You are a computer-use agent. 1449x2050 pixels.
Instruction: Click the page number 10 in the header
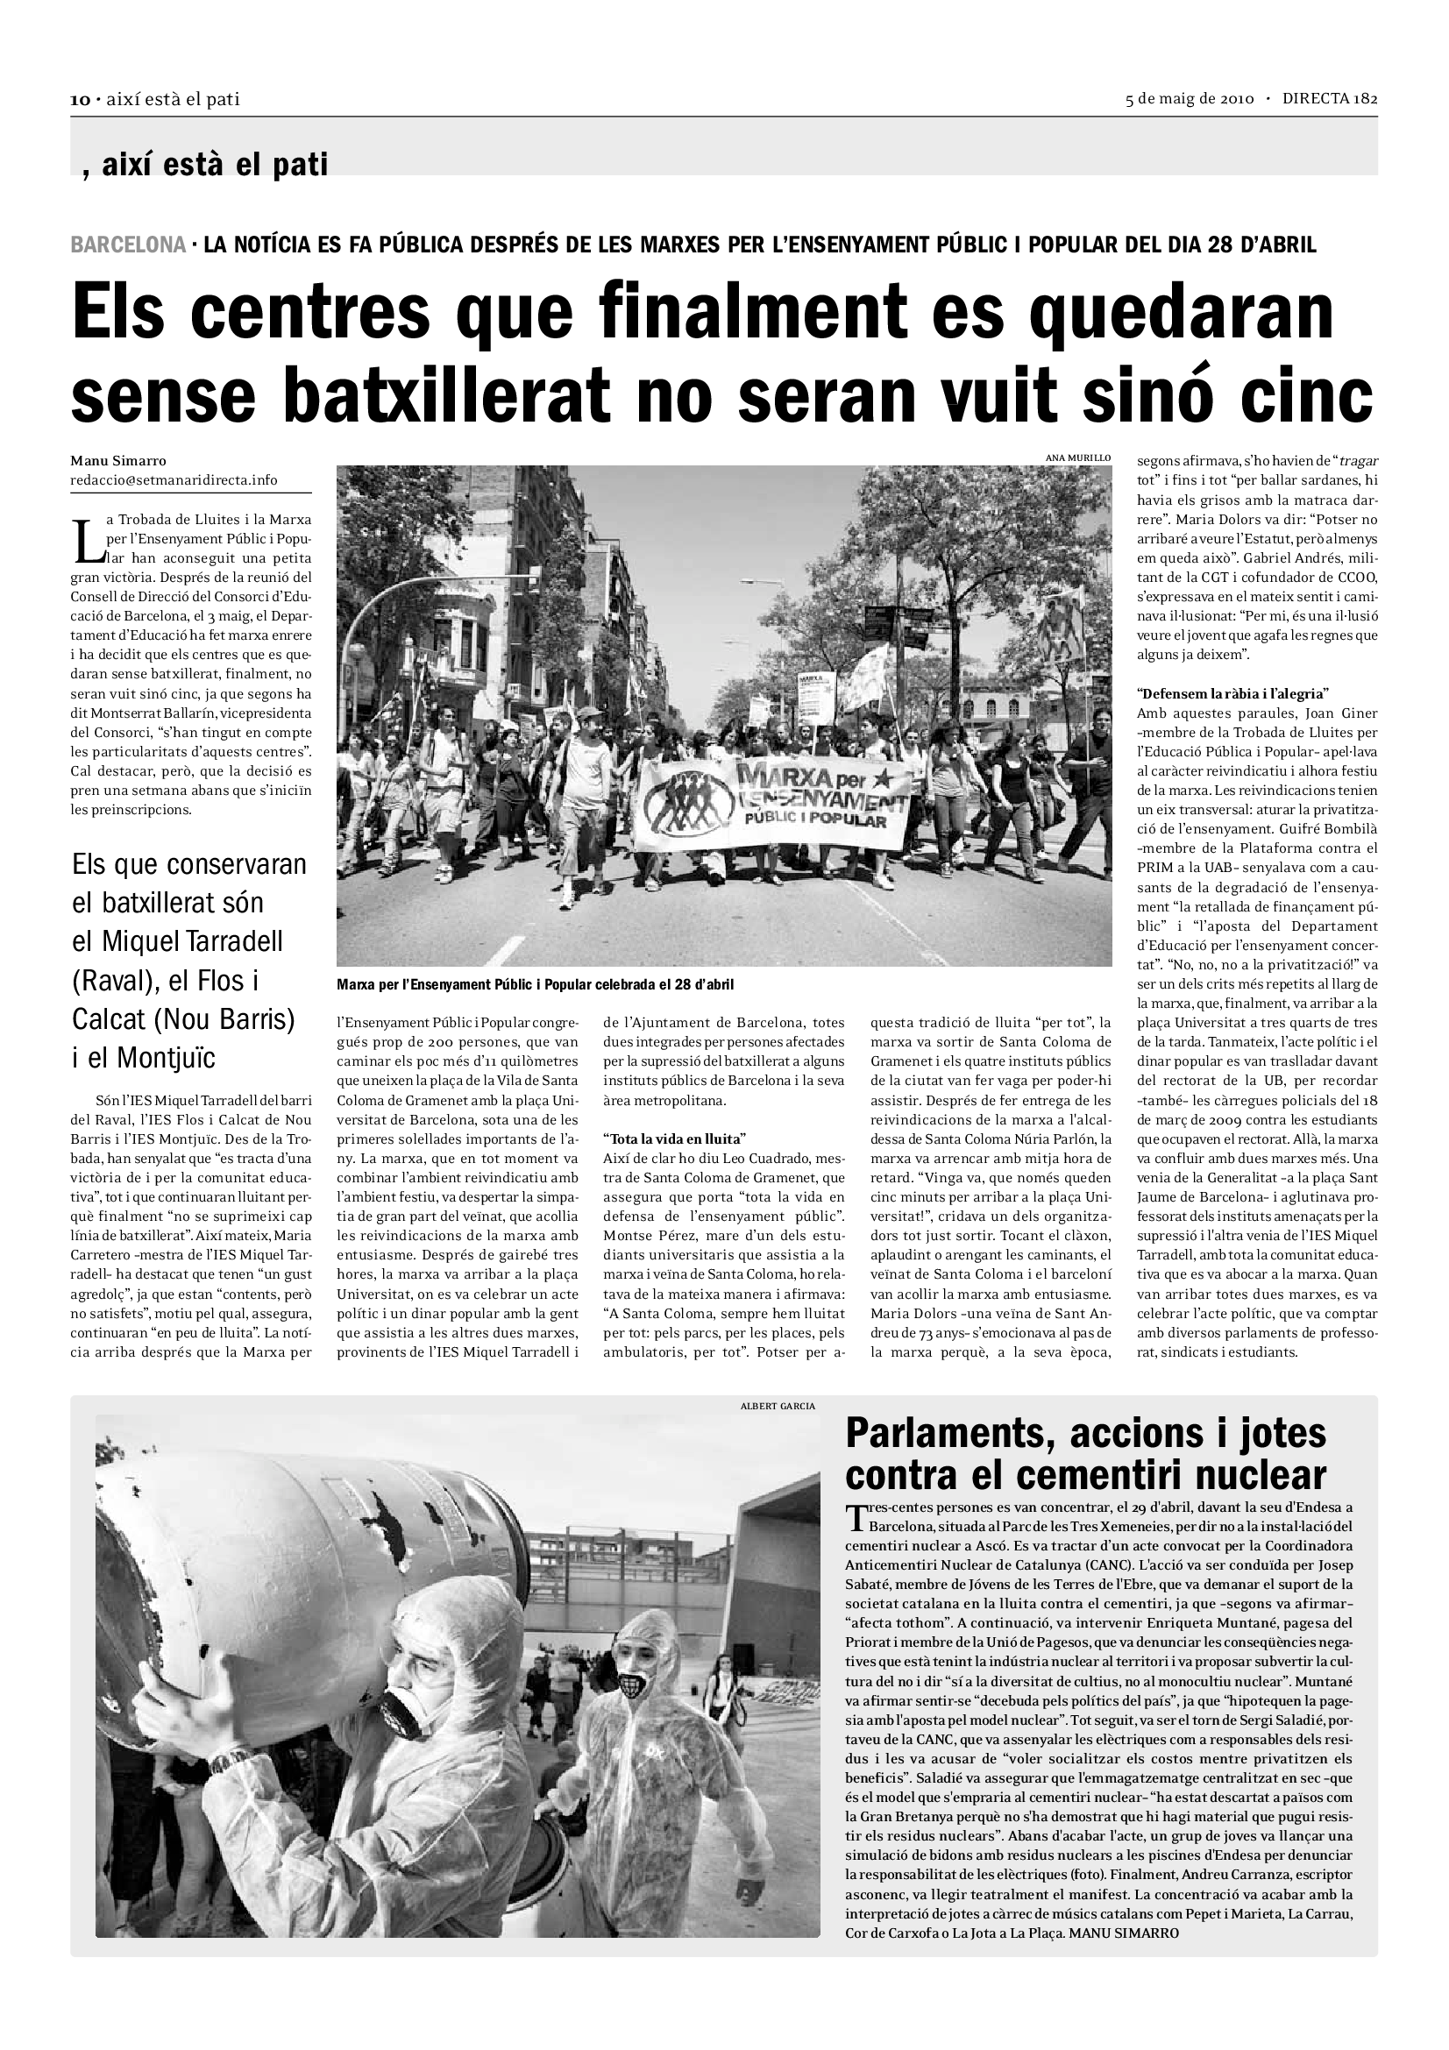click(80, 100)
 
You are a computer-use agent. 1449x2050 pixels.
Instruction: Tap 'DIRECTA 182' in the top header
click(1330, 99)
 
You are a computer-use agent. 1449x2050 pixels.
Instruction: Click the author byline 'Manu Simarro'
click(118, 462)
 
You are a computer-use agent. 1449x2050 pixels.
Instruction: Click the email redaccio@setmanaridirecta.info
click(174, 480)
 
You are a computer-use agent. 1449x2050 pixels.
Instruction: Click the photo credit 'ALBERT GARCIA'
click(778, 1406)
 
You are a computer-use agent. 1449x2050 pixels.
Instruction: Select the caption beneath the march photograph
click(535, 985)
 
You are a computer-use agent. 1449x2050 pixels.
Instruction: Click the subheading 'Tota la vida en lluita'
click(674, 1138)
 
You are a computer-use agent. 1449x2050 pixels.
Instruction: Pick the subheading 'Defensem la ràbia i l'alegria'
click(1233, 693)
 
